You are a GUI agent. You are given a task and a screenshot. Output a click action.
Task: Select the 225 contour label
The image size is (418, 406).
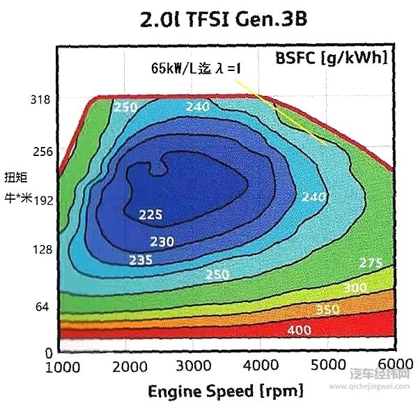[150, 214]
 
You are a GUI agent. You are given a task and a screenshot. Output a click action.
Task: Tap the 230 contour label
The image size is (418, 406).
[161, 242]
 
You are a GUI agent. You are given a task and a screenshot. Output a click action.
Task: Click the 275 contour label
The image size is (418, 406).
[371, 263]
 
